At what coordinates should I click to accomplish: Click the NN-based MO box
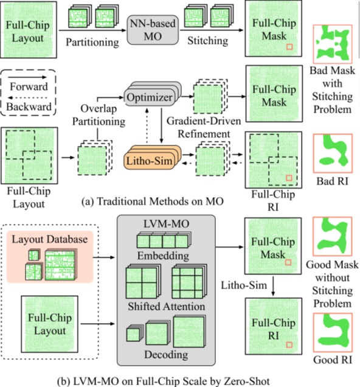coord(153,30)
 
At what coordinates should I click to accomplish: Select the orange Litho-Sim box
coord(150,161)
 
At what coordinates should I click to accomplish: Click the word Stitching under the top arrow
coord(207,41)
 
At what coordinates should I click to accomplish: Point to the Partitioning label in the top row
coord(92,42)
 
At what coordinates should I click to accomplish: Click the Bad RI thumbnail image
coord(333,153)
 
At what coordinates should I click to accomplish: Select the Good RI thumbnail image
coord(333,332)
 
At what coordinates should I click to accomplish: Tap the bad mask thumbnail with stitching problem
coord(333,44)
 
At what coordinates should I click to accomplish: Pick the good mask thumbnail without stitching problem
coord(333,237)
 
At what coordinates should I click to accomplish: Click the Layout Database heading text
coord(50,239)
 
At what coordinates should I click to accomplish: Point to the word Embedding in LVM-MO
coord(163,256)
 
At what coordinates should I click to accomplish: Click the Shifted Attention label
coord(167,306)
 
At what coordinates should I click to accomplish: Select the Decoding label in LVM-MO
coord(166,355)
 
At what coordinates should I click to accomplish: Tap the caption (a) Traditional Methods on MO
coord(153,201)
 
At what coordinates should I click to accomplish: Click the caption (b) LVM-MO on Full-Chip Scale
coord(163,381)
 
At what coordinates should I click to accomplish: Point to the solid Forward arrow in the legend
coord(27,77)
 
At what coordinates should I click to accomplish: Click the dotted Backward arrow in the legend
coord(27,98)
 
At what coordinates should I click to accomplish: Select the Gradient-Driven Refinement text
coord(204,127)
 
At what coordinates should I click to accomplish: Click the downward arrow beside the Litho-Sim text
coord(273,287)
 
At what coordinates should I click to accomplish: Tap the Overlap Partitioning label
coord(99,115)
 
